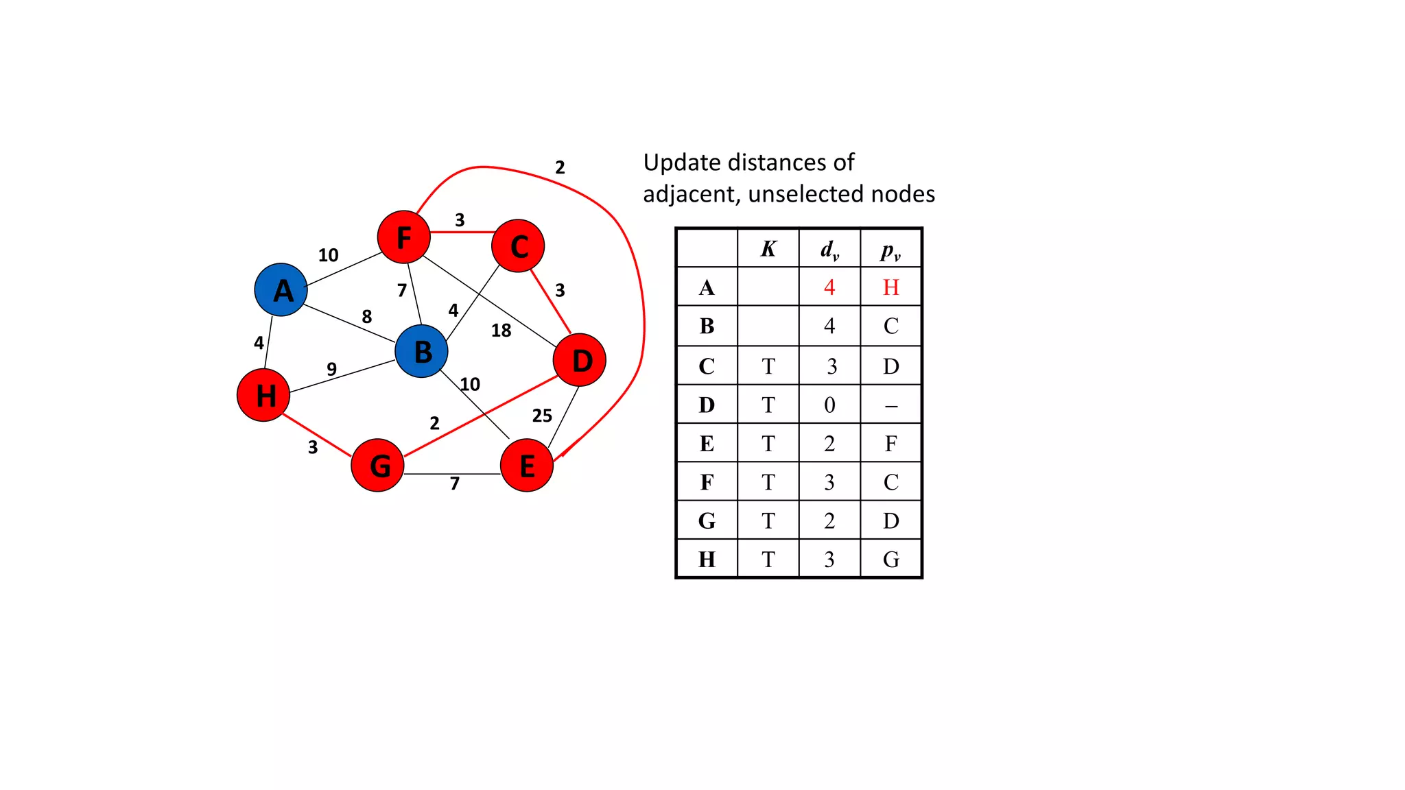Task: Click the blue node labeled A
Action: (281, 289)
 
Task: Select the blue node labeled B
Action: (421, 351)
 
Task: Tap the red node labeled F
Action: (403, 237)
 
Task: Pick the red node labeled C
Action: (518, 246)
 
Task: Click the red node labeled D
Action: (580, 360)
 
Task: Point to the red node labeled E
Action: (527, 466)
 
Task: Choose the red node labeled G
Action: (377, 466)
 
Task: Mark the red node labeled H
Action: (263, 395)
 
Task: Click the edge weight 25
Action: (542, 416)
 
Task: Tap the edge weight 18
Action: (501, 331)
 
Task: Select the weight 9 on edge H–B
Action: (331, 369)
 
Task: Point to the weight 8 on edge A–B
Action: (367, 316)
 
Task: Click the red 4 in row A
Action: (829, 287)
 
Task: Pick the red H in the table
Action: (890, 287)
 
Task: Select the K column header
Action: (768, 249)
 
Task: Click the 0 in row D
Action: (829, 405)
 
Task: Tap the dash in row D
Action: (890, 406)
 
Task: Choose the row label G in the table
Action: (707, 521)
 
